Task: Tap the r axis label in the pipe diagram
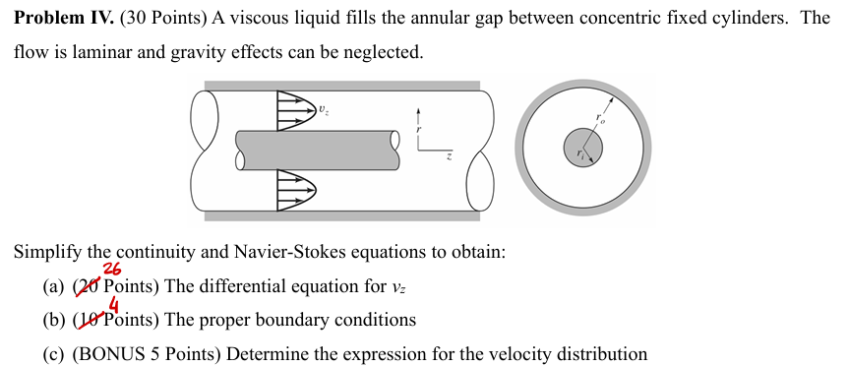pos(420,129)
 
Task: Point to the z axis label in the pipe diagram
pos(449,155)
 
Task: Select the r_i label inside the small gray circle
pos(581,154)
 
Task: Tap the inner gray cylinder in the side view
pos(315,148)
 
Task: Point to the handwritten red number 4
pos(114,304)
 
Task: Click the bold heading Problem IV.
pos(61,19)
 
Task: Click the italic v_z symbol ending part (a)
pos(397,288)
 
